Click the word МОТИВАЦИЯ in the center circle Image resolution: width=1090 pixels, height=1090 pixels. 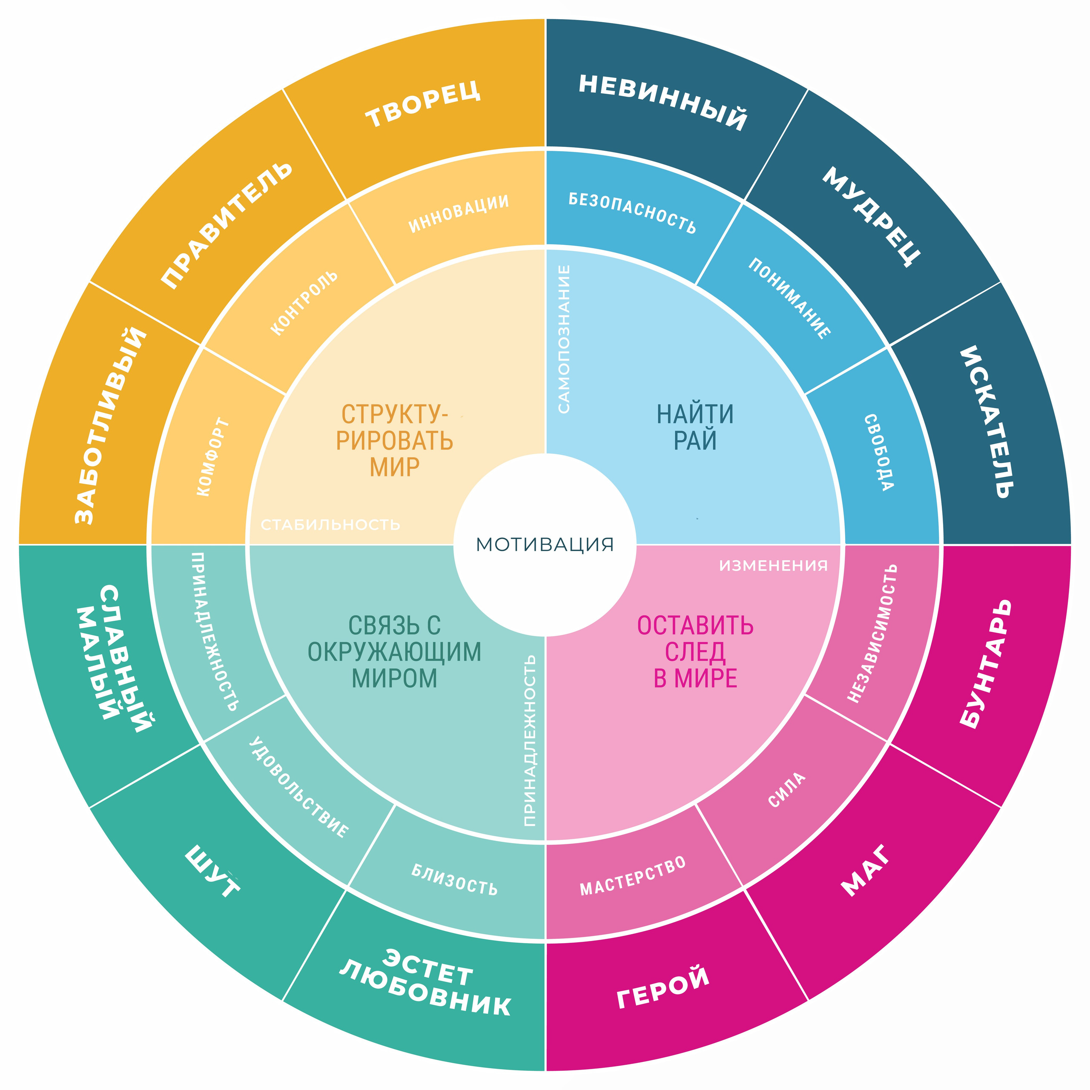[545, 545]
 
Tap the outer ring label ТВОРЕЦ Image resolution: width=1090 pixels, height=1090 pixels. [423, 104]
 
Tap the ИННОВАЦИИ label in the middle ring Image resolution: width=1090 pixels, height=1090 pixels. [459, 213]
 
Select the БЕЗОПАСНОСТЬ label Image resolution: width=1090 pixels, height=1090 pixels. [632, 213]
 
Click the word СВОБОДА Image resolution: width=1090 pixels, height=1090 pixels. [878, 453]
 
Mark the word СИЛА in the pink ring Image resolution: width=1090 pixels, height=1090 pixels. [786, 790]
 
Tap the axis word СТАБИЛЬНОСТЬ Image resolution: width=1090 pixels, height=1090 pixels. [330, 525]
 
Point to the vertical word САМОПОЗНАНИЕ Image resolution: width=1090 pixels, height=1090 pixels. [564, 339]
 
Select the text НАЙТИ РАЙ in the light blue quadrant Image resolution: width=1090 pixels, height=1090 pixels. [695, 427]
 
